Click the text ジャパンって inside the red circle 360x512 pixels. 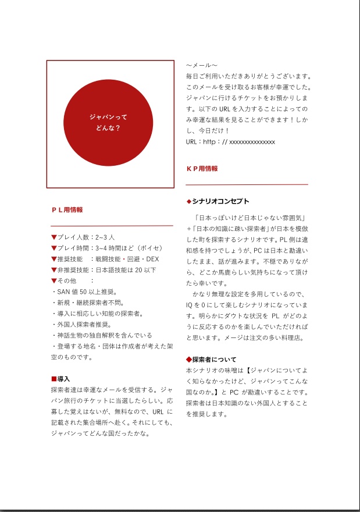[108, 117]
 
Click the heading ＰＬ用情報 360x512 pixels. [67, 209]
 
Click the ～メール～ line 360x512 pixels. [202, 66]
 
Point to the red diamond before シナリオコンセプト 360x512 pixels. [188, 201]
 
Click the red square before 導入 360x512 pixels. [54, 379]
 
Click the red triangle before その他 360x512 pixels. [54, 281]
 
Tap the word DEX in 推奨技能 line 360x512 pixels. [152, 259]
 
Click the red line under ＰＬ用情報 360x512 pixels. [112, 225]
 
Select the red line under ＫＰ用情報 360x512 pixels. [247, 184]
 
